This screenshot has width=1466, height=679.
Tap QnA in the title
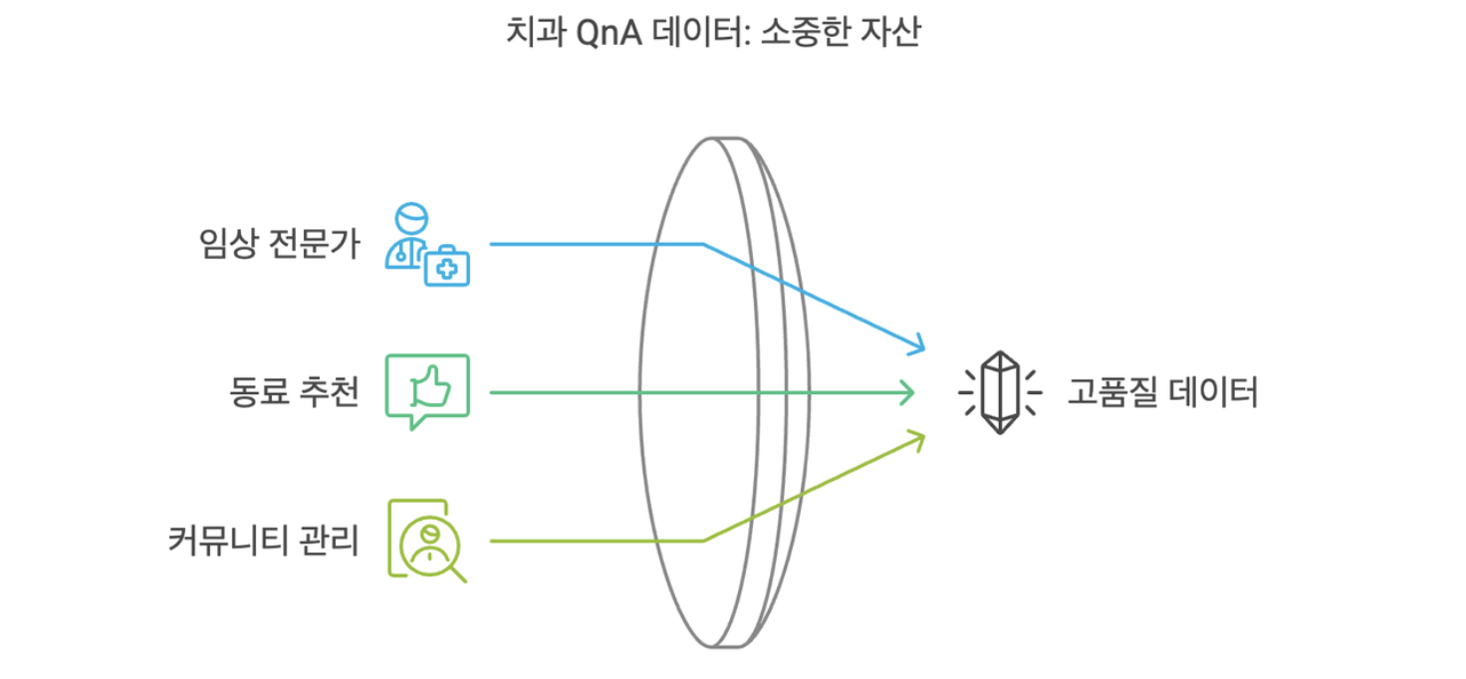coord(606,34)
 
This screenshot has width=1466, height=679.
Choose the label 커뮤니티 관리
coord(264,543)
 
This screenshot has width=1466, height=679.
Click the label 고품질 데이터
coord(1162,393)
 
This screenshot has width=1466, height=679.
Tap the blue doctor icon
coord(408,234)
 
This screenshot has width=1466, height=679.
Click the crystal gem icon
coord(999,393)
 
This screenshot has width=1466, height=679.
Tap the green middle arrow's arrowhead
coord(909,393)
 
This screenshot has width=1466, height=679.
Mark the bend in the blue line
coord(703,244)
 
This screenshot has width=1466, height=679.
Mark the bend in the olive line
coord(703,541)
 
